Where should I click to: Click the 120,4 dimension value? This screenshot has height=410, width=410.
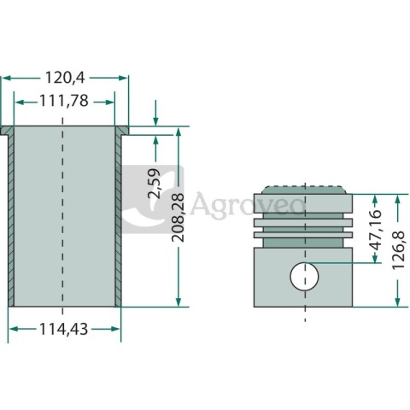coord(65,78)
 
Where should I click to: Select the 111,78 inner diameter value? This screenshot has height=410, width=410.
coord(64,101)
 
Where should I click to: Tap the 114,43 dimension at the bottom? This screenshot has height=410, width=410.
coord(63,330)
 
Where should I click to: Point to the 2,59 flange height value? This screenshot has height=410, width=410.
coord(155,183)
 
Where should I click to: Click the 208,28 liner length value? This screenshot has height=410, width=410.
coord(178,218)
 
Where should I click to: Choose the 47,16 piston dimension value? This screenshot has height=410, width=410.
coord(375,230)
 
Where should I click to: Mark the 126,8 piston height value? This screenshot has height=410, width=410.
coord(398,250)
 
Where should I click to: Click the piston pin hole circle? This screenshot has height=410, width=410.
coord(304,276)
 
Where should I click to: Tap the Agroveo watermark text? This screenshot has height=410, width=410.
coord(247,204)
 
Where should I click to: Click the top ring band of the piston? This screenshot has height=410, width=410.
coord(303,203)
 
